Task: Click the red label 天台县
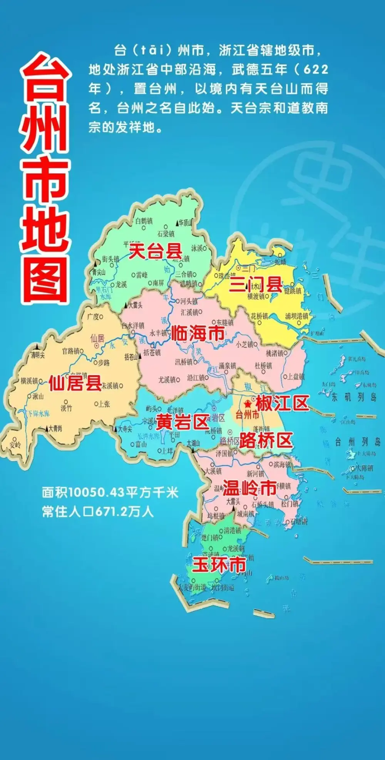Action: click(155, 252)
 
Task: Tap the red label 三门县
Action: click(256, 285)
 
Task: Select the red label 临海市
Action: click(198, 333)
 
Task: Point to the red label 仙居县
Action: click(75, 383)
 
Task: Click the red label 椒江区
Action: click(282, 403)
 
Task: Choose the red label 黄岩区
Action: click(182, 423)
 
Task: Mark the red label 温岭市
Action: click(249, 488)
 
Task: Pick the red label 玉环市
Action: click(219, 565)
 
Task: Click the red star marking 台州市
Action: click(248, 404)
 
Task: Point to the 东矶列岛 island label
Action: click(354, 397)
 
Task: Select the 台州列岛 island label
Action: click(358, 442)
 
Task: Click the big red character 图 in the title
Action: click(45, 279)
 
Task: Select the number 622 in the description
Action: click(316, 70)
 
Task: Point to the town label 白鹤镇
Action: click(144, 221)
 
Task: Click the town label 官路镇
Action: click(70, 351)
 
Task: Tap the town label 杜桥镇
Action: click(263, 366)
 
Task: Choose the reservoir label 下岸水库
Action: click(38, 414)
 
